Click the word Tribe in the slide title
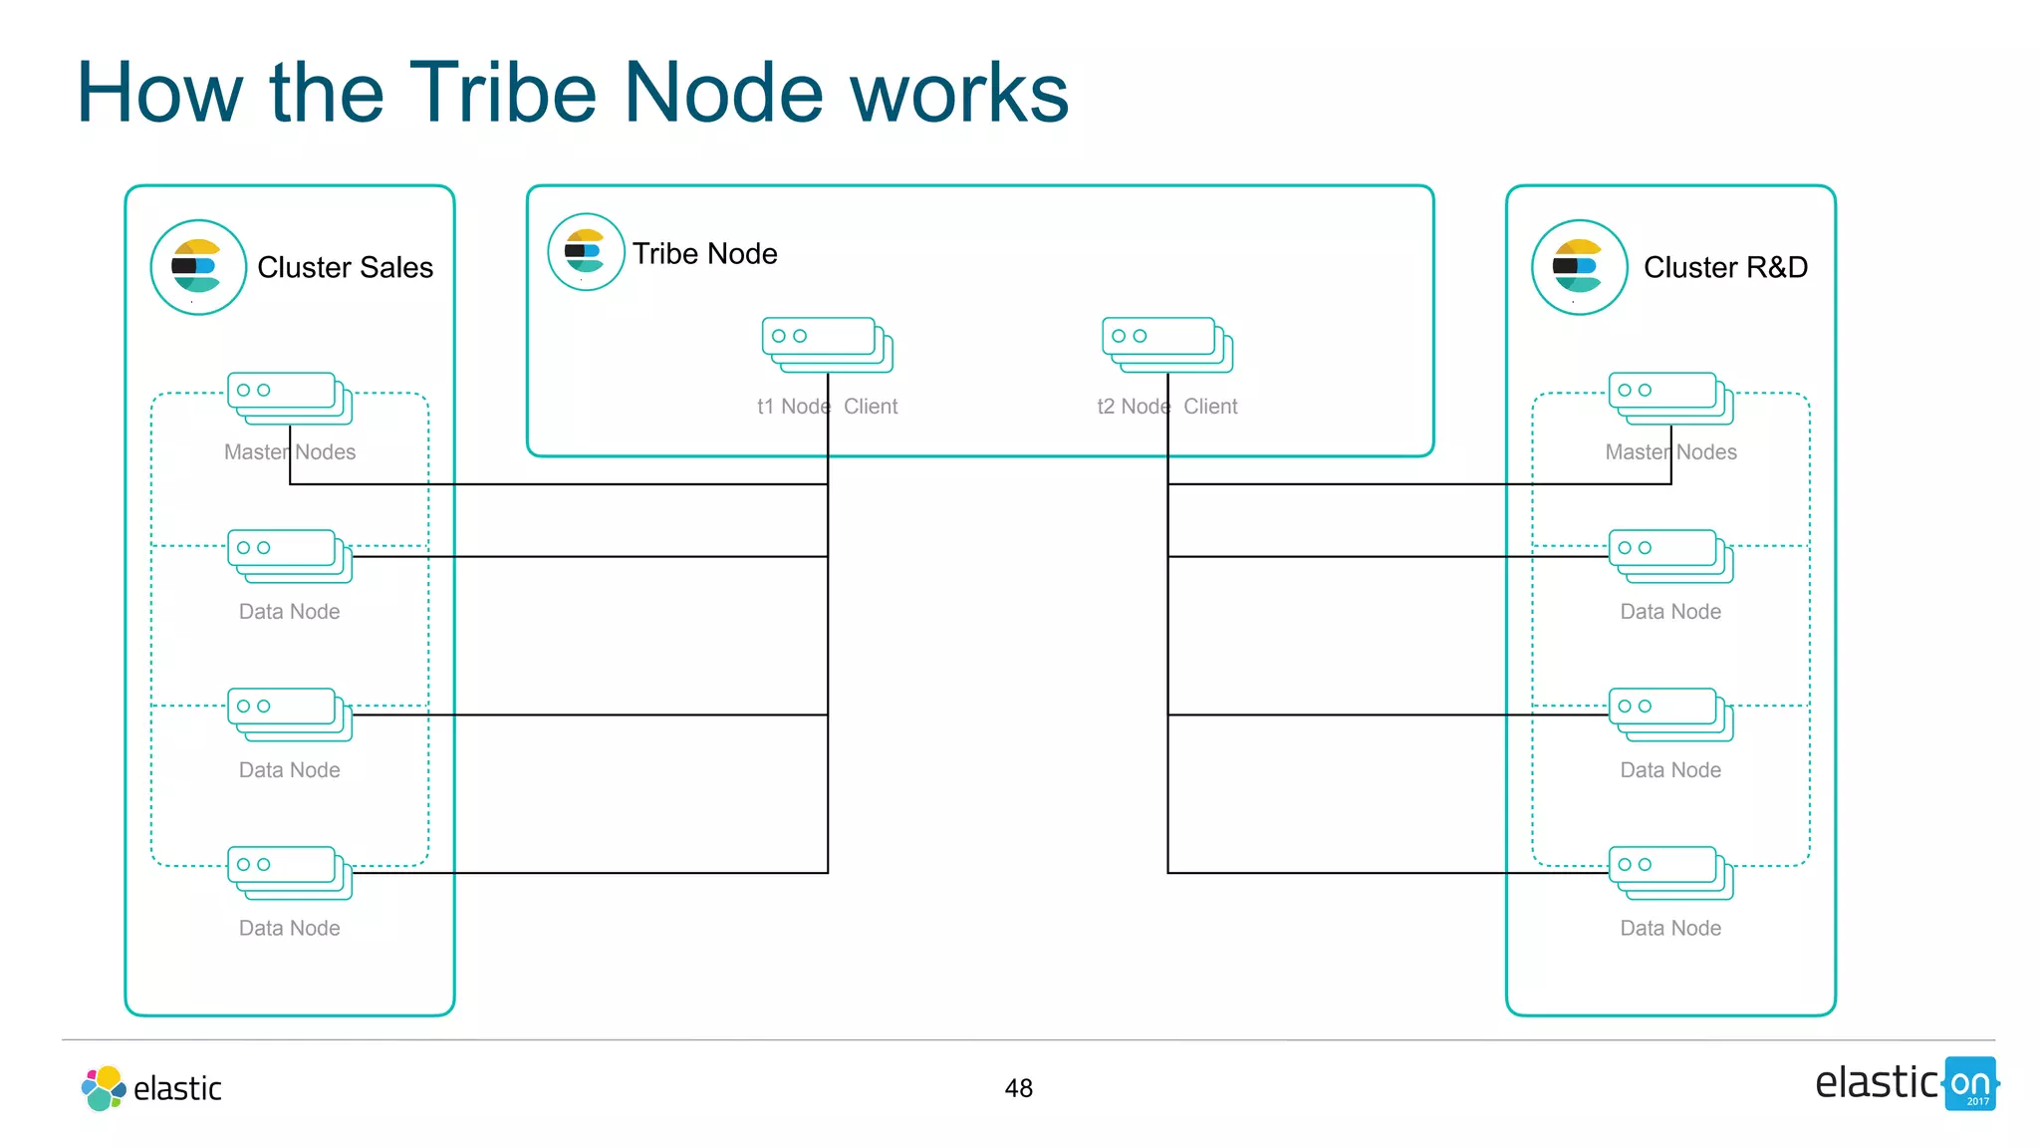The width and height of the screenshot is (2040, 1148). (x=503, y=93)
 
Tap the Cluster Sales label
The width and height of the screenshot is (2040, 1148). (x=345, y=267)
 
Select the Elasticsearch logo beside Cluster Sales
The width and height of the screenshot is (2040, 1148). (x=198, y=267)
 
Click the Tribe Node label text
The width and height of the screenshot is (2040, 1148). (x=704, y=253)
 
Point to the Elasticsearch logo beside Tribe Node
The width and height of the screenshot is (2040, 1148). (x=586, y=252)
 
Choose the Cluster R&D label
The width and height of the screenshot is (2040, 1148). (x=1725, y=267)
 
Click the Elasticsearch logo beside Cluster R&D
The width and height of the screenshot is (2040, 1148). (x=1579, y=267)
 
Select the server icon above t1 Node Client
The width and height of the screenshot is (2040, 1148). (x=827, y=345)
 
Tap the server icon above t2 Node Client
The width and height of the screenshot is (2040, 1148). (x=1166, y=345)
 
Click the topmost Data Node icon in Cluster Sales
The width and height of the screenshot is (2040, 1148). (x=289, y=556)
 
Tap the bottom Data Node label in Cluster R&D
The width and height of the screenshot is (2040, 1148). (x=1670, y=928)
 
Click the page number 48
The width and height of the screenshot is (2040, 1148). (x=1018, y=1088)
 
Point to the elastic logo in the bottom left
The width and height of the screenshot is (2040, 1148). (x=151, y=1088)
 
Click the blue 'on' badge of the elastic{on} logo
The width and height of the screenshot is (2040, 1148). (x=1969, y=1083)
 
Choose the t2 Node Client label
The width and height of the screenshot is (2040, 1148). (x=1166, y=407)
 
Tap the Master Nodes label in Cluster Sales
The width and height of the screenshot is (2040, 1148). (x=289, y=452)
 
